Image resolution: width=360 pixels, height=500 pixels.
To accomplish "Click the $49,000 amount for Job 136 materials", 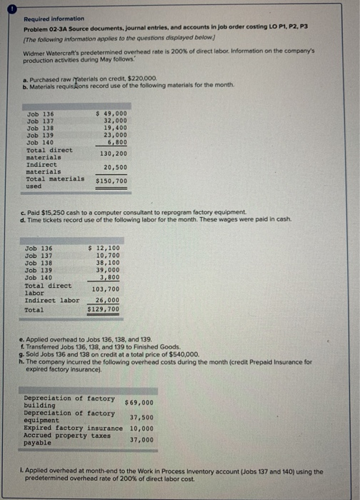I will click(112, 114).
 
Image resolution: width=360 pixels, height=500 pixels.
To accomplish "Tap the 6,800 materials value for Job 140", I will click(117, 141).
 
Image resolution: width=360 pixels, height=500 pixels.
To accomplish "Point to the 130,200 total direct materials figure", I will click(112, 153).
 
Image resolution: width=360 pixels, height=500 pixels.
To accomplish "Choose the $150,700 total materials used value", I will click(112, 181).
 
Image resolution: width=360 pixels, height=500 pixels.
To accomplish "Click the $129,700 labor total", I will click(104, 310).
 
